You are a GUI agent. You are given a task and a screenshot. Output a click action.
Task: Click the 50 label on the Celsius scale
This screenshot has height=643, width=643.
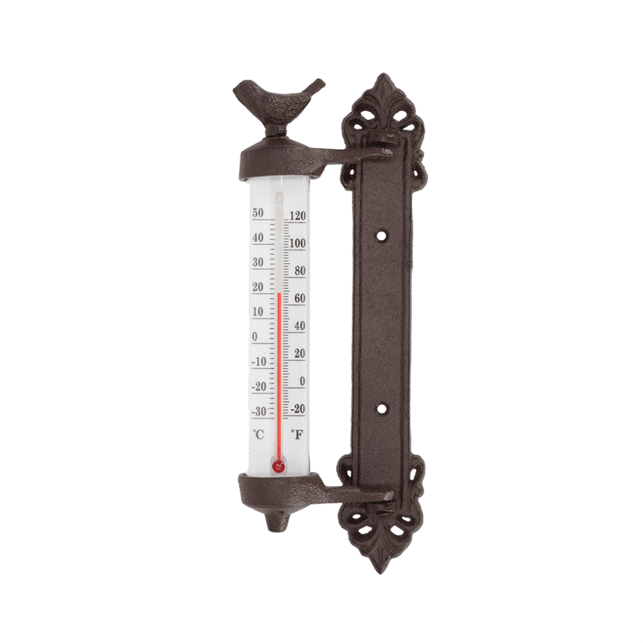click(x=258, y=213)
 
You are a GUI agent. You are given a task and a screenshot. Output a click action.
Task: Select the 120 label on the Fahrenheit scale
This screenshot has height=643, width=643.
click(x=297, y=216)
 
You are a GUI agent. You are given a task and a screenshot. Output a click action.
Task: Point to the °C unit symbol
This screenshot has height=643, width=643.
click(x=259, y=435)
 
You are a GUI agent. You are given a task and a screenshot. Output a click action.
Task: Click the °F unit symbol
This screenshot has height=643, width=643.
click(x=297, y=435)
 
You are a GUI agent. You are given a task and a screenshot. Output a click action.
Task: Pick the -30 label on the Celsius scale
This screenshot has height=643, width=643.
click(x=259, y=411)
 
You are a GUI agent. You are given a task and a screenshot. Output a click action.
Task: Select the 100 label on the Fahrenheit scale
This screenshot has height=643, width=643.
click(x=297, y=243)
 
